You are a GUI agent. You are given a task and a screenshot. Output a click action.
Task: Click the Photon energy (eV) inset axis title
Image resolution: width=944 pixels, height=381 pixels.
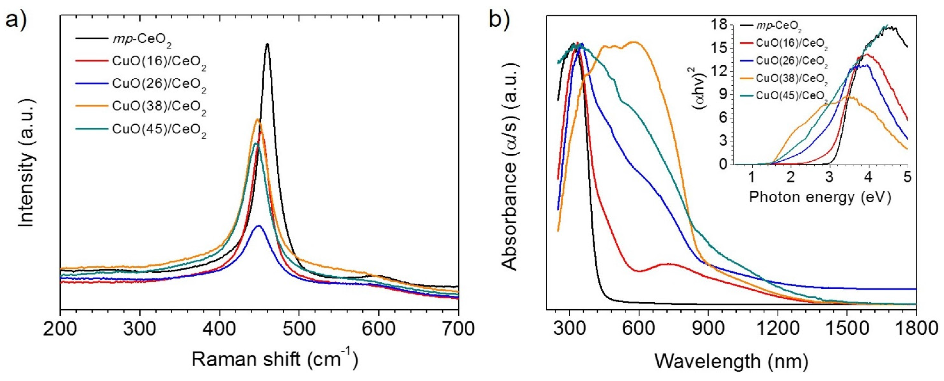[x=820, y=197]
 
